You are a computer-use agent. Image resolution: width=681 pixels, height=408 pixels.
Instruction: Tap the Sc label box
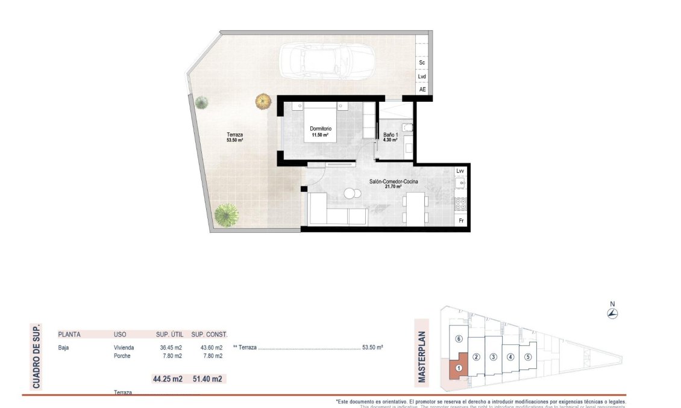click(422, 63)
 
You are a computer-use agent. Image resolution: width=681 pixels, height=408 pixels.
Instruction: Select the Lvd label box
click(422, 76)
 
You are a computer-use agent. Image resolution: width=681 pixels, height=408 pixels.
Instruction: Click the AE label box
click(422, 90)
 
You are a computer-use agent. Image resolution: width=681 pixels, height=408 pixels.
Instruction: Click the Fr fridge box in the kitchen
click(461, 221)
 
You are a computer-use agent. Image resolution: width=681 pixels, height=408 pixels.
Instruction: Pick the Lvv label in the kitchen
click(461, 171)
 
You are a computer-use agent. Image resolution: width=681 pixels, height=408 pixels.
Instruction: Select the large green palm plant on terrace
click(227, 214)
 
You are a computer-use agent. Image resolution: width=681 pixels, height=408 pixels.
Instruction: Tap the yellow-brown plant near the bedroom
click(263, 101)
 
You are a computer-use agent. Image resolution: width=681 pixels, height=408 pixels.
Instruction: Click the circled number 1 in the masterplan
click(459, 368)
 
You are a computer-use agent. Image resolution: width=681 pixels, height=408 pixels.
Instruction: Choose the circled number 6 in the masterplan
click(459, 339)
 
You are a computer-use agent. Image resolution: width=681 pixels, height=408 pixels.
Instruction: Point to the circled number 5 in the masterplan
click(528, 356)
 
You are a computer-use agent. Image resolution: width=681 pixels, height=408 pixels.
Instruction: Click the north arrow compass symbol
click(612, 313)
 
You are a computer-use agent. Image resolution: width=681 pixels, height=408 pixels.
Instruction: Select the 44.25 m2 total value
click(168, 379)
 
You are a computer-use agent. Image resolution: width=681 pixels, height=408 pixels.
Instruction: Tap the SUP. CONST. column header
click(209, 334)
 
